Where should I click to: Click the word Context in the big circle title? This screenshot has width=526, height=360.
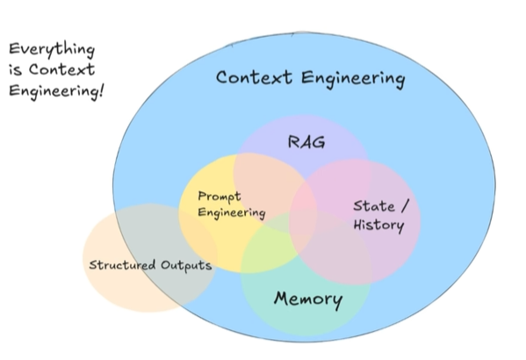[x=254, y=77]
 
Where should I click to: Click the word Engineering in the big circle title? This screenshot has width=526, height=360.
[x=353, y=79]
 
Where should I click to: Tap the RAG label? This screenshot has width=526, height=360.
[x=306, y=141]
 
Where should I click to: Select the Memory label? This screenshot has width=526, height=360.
[x=308, y=299]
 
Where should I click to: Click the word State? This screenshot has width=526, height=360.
[x=374, y=206]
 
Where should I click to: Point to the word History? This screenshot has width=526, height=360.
[x=378, y=225]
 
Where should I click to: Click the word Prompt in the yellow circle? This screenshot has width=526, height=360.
[x=220, y=197]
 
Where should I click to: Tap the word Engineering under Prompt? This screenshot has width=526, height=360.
[x=232, y=213]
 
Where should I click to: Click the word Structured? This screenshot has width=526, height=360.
[x=122, y=264]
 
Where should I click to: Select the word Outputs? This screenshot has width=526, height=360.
[x=186, y=265]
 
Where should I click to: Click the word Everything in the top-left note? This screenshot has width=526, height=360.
[x=52, y=50]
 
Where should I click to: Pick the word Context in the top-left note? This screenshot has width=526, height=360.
[x=61, y=69]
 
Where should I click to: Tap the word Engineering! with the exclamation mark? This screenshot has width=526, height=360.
[x=56, y=91]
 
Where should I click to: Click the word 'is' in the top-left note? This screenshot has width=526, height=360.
[x=16, y=70]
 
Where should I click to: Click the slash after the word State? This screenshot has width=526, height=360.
[x=405, y=205]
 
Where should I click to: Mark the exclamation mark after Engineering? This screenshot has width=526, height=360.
[x=101, y=91]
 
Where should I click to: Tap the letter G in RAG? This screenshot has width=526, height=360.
[x=319, y=142]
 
